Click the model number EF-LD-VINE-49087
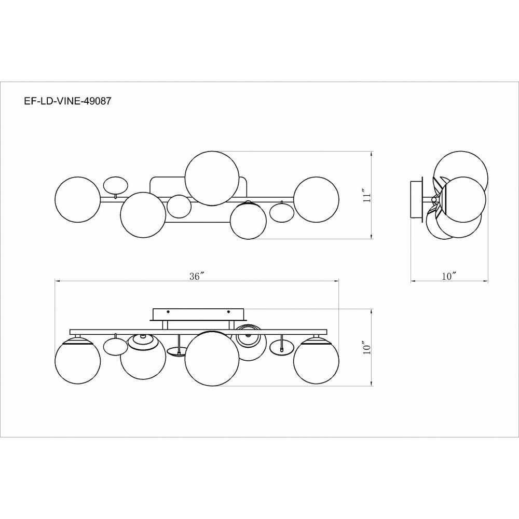click(x=67, y=101)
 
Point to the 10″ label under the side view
click(x=449, y=276)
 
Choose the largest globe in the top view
click(x=212, y=178)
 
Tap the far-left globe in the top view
click(x=78, y=200)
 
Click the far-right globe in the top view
click(x=317, y=200)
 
